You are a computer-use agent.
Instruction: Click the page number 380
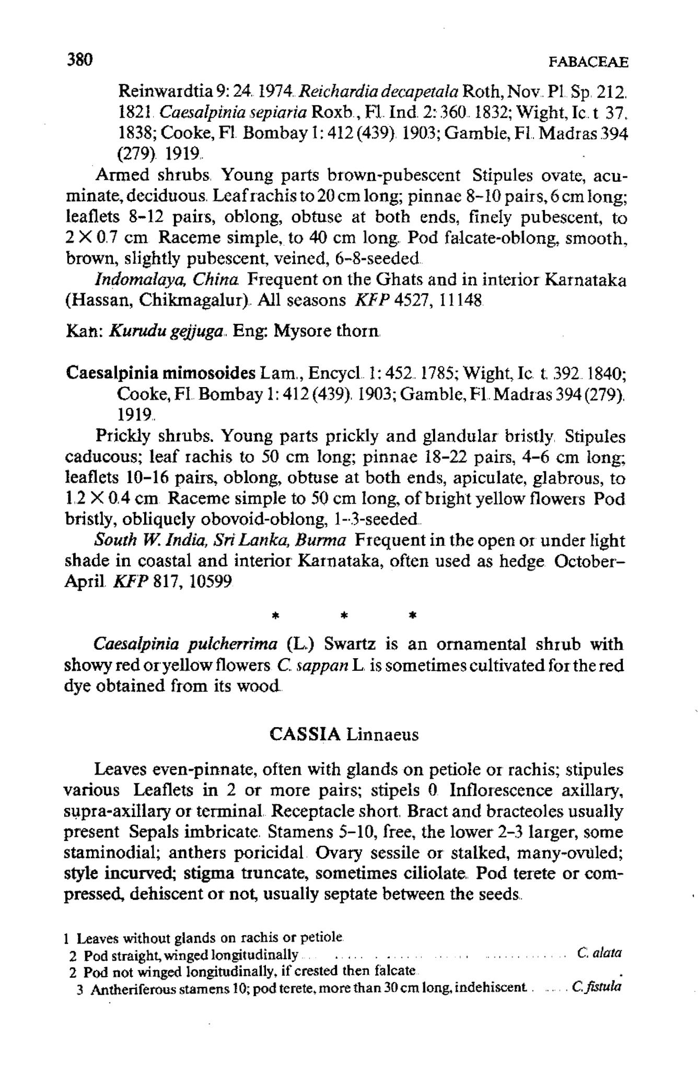click(x=79, y=60)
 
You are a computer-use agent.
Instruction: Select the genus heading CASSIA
click(x=306, y=734)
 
